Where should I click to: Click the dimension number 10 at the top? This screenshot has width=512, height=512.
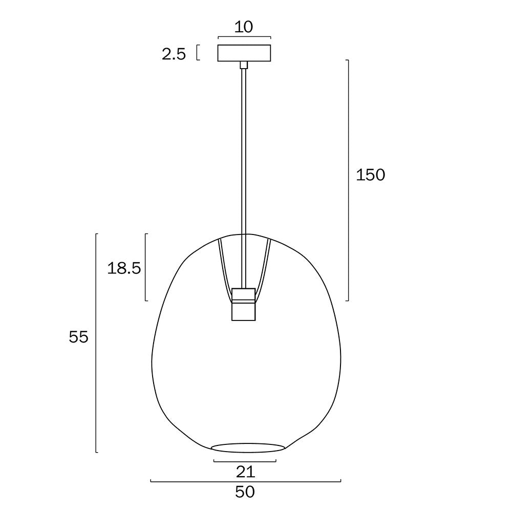(244, 27)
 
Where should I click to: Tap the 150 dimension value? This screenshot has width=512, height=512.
(370, 175)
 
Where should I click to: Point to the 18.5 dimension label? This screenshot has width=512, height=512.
(124, 268)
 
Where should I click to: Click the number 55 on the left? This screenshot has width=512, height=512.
(79, 337)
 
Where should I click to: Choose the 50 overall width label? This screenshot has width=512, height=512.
(245, 492)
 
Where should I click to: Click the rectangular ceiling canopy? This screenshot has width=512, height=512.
(244, 53)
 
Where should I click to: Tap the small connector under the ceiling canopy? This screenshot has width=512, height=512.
(244, 65)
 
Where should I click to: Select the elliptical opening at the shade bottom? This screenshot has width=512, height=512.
(248, 447)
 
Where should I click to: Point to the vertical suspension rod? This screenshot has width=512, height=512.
(244, 154)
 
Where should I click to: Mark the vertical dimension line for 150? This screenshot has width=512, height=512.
(349, 179)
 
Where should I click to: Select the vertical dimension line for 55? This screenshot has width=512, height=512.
(97, 343)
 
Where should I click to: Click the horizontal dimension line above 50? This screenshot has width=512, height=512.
(246, 481)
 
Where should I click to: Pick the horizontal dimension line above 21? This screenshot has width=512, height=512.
(245, 461)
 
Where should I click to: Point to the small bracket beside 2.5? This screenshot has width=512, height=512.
(197, 53)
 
